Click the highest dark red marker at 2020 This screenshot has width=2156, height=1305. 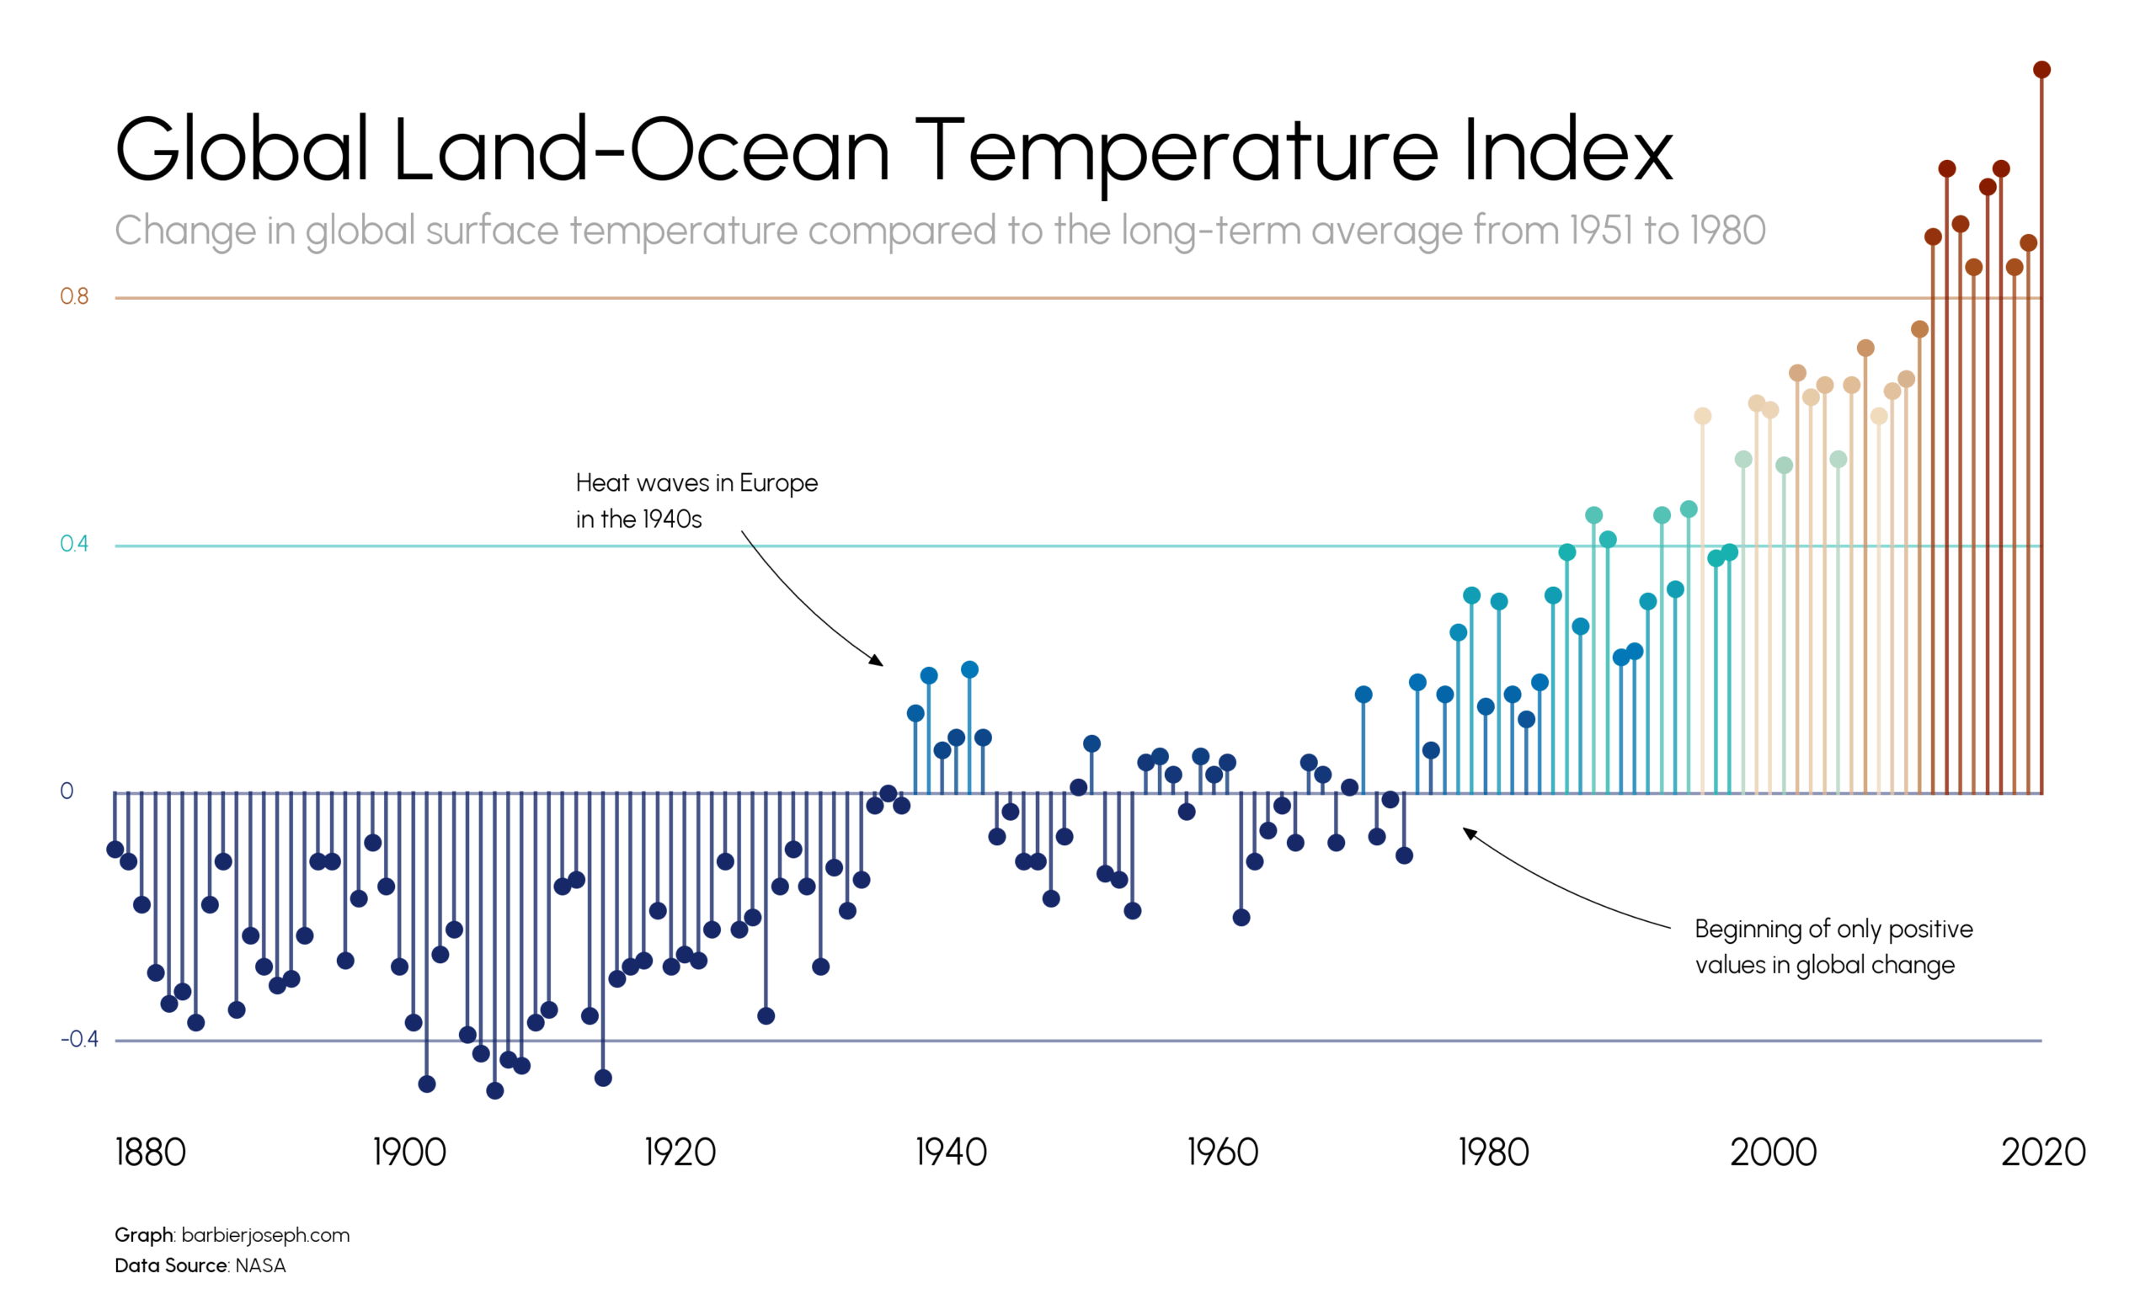point(2041,70)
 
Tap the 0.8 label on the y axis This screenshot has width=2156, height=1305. point(74,296)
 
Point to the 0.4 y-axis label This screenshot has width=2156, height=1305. point(74,544)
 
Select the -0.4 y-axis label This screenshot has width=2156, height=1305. point(79,1039)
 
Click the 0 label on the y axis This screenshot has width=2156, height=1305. point(67,791)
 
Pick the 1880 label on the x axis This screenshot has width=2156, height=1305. point(151,1152)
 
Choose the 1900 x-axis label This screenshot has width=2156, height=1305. point(409,1152)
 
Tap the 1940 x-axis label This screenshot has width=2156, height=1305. point(951,1152)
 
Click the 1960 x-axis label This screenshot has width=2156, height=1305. point(1222,1152)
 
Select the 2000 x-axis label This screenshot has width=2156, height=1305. point(1773,1152)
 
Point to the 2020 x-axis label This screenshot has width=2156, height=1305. point(2043,1152)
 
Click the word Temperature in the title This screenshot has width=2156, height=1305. point(1176,151)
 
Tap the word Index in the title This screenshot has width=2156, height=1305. point(1566,151)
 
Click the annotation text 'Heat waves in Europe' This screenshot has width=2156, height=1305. point(696,482)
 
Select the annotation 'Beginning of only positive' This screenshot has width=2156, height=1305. point(1833,929)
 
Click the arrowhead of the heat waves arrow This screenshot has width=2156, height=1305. point(878,662)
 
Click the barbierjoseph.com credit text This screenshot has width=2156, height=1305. point(265,1235)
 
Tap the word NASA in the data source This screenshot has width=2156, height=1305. point(261,1265)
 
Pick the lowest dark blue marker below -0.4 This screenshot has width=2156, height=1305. point(495,1090)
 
